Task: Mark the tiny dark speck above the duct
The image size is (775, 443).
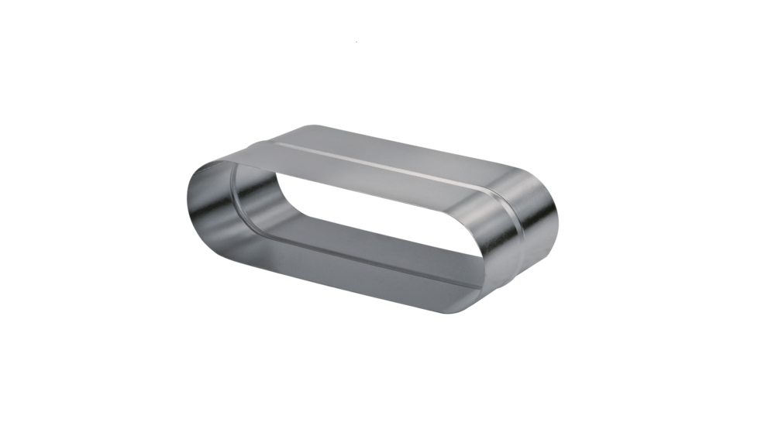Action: click(356, 41)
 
